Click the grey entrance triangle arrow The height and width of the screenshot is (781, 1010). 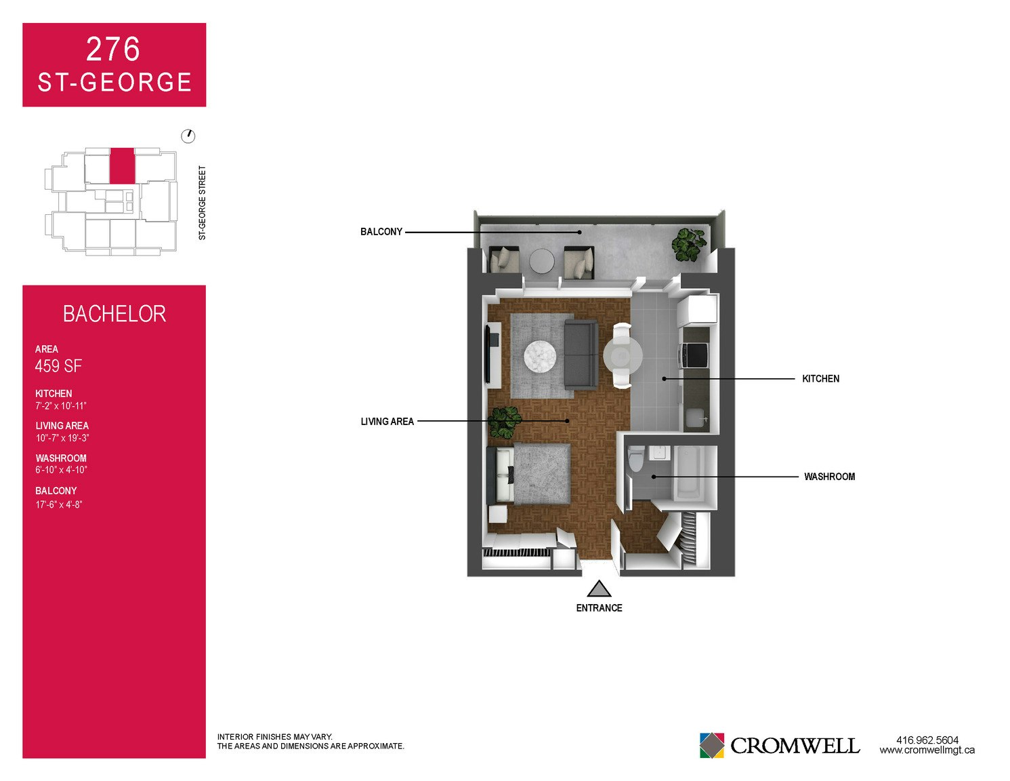pyautogui.click(x=599, y=589)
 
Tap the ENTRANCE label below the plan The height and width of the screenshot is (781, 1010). pyautogui.click(x=599, y=608)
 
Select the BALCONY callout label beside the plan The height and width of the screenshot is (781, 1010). pyautogui.click(x=381, y=232)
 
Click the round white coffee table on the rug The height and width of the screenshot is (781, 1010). pyautogui.click(x=540, y=357)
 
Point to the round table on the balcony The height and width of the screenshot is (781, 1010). pyautogui.click(x=541, y=262)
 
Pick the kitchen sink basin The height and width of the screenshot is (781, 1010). pyautogui.click(x=697, y=417)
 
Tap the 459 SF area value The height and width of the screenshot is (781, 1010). pyautogui.click(x=58, y=366)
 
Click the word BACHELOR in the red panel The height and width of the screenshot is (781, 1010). pyautogui.click(x=114, y=314)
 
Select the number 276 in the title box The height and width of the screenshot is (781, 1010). pyautogui.click(x=113, y=49)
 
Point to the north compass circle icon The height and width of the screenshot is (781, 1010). pyautogui.click(x=188, y=136)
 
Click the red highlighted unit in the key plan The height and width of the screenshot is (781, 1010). pyautogui.click(x=122, y=165)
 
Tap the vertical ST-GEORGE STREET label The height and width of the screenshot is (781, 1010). pyautogui.click(x=202, y=203)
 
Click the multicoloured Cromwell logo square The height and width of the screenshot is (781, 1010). pyautogui.click(x=711, y=745)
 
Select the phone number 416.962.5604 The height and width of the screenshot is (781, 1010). pyautogui.click(x=927, y=740)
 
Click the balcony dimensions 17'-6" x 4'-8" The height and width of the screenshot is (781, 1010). pyautogui.click(x=58, y=504)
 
